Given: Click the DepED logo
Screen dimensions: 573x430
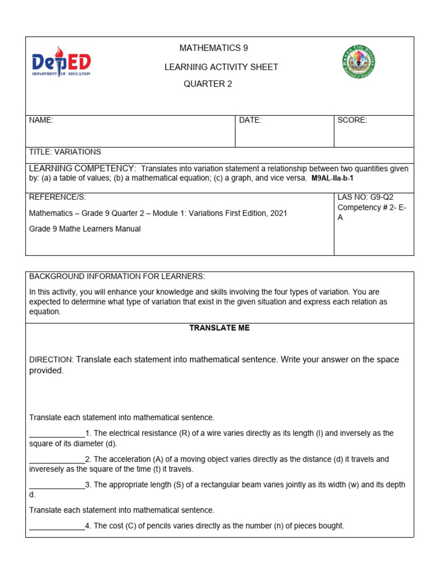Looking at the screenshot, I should point(61,63).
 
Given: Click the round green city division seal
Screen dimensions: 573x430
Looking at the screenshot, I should point(358,62).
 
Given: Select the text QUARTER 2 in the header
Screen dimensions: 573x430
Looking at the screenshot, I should point(207,84).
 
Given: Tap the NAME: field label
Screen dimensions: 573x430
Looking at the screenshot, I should point(41,120).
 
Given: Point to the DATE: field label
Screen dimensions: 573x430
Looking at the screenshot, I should point(250,120).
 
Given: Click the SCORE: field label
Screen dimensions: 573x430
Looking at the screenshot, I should point(352,120).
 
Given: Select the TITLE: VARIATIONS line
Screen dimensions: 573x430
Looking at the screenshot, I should point(65,152).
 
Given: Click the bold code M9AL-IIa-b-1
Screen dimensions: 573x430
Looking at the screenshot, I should point(333,179).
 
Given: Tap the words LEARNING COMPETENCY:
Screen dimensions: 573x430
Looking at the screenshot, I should point(82,168).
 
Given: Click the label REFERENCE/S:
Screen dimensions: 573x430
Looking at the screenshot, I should point(58,198).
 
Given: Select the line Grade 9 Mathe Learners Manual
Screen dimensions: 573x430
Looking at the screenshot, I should point(85,229).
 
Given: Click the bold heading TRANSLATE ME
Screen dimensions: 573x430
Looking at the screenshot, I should point(219,328).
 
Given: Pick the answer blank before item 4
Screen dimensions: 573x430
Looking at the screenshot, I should point(57,527).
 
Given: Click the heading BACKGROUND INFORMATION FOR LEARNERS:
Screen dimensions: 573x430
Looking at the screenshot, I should point(117,276).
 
